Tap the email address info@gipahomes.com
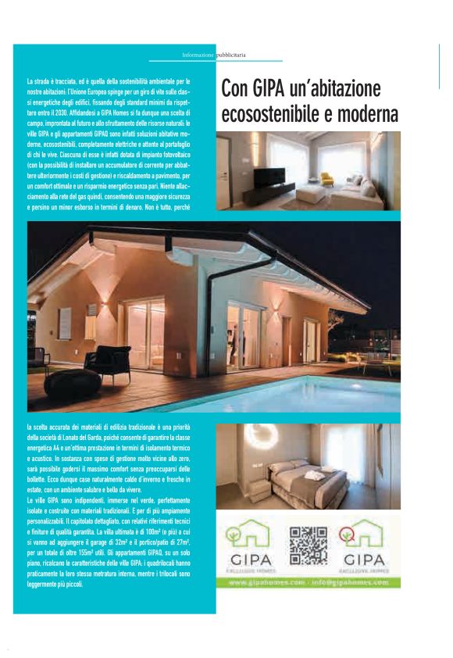click(349, 583)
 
